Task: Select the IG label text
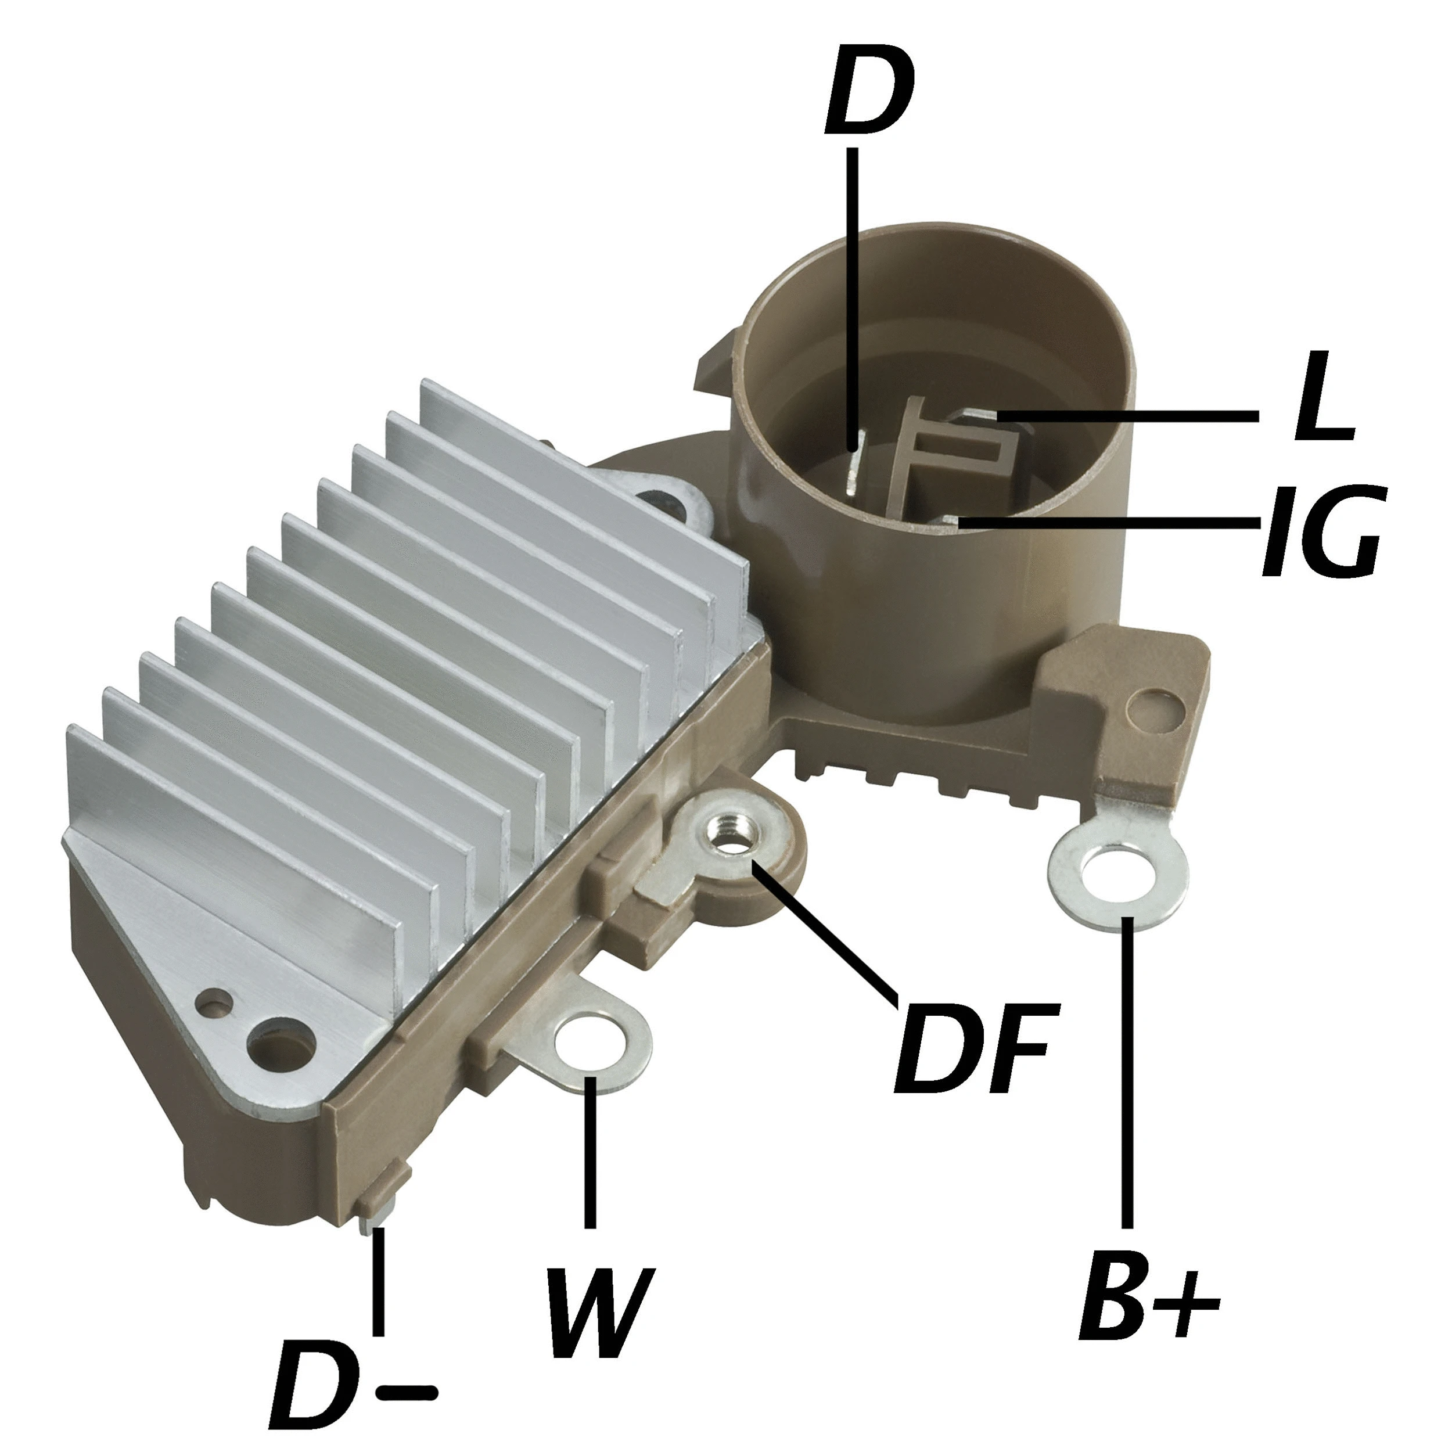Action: pos(1321,531)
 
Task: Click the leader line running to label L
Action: pos(1127,416)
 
